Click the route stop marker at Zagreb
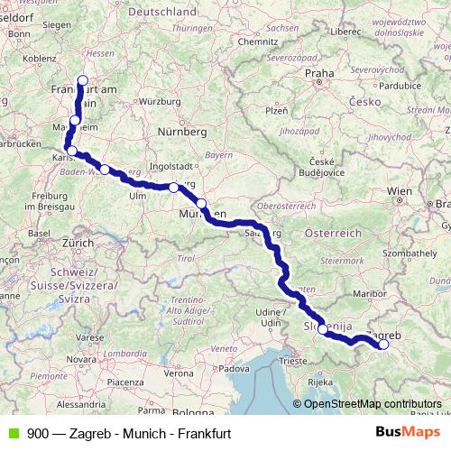click(x=383, y=344)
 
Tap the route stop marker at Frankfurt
click(x=83, y=80)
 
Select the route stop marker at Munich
click(x=201, y=204)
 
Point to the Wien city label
click(x=400, y=191)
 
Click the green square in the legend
click(x=12, y=434)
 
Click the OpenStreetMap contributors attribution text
click(x=373, y=403)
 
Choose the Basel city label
click(x=39, y=233)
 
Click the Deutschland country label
click(x=162, y=12)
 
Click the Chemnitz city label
click(x=258, y=41)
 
